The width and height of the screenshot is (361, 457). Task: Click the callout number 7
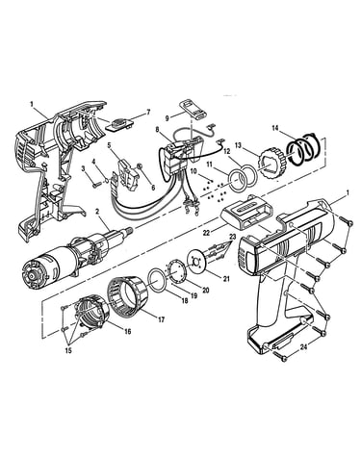148,112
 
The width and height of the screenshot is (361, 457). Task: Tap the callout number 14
275,128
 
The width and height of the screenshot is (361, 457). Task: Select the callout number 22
206,233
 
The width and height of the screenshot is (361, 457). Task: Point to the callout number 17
161,319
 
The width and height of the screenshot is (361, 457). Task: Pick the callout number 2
98,212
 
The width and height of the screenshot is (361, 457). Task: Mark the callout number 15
68,350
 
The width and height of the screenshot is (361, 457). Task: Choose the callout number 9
168,118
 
